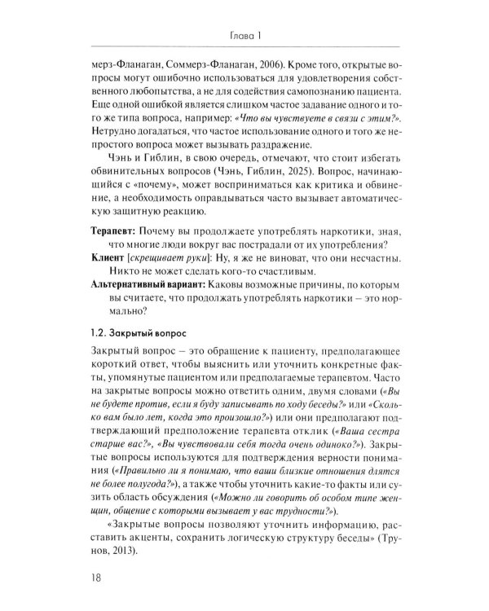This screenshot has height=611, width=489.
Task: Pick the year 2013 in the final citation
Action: [x=113, y=552]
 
